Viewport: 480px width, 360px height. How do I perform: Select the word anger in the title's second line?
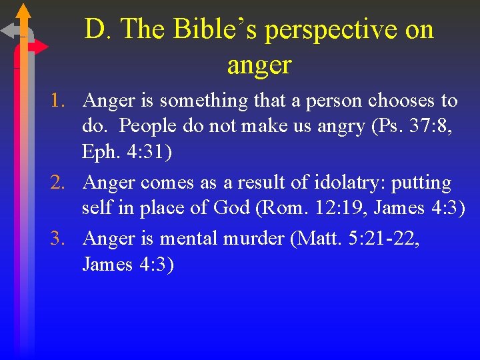click(259, 65)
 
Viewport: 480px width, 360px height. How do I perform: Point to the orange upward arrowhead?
click(23, 11)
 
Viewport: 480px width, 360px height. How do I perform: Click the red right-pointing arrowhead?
click(41, 47)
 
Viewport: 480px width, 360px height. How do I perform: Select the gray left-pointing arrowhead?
click(8, 30)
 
